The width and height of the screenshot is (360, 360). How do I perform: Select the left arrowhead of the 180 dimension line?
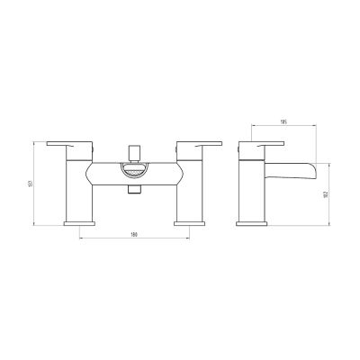[82, 240]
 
